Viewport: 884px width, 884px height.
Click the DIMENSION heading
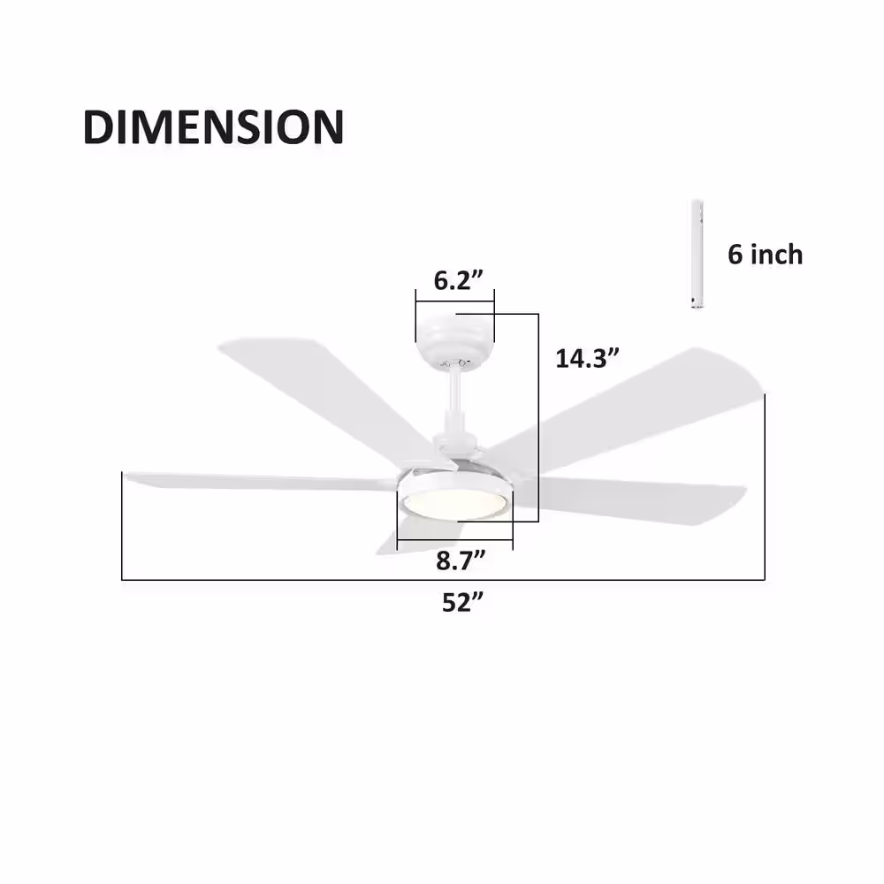click(213, 126)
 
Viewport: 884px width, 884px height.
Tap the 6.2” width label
click(458, 280)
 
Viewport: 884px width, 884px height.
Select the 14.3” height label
click(587, 358)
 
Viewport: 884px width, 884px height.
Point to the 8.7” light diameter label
click(461, 560)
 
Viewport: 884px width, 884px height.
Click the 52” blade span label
click(463, 602)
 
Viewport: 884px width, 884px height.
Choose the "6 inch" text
click(765, 255)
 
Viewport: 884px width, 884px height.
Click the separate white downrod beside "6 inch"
click(697, 255)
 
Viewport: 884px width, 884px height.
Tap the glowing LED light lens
click(455, 504)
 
